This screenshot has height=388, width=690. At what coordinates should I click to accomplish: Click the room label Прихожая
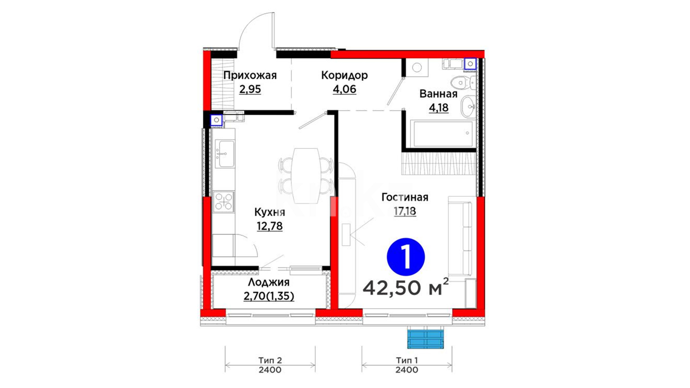tap(250, 75)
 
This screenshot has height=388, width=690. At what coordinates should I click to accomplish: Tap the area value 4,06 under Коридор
tap(344, 89)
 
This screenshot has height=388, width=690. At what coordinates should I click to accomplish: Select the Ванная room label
tap(438, 94)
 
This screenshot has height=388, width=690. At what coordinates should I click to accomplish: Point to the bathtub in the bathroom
tap(443, 134)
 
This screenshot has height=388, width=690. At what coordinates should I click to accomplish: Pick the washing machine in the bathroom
tap(417, 68)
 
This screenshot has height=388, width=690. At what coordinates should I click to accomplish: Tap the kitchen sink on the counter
tap(225, 154)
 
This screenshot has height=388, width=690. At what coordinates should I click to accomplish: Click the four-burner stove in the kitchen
tap(224, 201)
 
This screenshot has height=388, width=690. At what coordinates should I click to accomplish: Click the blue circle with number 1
tap(406, 257)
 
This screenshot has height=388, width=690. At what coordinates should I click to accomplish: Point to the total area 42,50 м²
tap(406, 287)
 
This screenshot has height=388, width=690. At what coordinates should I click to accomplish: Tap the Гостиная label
tap(405, 197)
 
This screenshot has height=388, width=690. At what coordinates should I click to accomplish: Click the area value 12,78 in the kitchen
tap(270, 226)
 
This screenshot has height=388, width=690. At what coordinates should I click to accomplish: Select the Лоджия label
tap(268, 283)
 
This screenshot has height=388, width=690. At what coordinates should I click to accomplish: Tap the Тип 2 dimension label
tap(270, 360)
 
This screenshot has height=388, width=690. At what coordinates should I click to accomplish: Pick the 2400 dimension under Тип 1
tap(407, 370)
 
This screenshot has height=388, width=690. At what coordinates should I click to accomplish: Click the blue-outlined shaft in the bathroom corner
tap(470, 64)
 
